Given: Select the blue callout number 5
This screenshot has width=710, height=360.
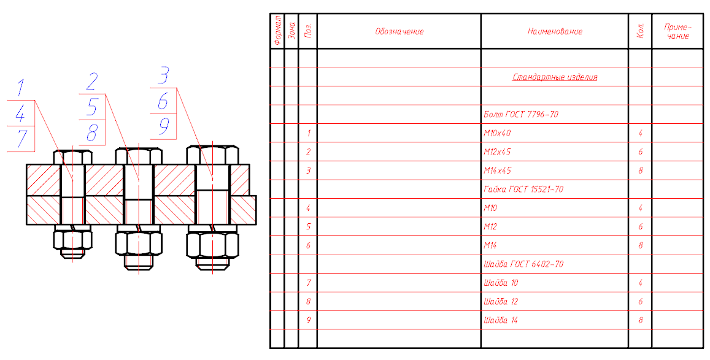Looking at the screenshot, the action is [93, 107].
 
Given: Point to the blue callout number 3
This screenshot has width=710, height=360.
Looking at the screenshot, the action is [163, 75].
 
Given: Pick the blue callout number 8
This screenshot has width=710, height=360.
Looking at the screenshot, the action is [93, 133].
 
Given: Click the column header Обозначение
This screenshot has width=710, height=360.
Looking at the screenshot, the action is [399, 31].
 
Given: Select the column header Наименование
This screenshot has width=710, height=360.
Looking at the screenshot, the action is [555, 31].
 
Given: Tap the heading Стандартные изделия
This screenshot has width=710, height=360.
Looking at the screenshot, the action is [555, 77].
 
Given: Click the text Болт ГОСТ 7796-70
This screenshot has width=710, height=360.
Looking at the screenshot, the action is [521, 115].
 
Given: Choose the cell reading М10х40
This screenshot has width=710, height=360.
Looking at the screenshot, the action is [497, 133].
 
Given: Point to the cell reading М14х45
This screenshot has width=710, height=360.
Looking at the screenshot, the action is [497, 170].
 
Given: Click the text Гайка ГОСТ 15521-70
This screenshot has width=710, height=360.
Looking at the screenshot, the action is [523, 189].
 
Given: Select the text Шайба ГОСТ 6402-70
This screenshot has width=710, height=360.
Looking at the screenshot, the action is [523, 264].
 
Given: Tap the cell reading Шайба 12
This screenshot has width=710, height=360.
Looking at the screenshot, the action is [501, 302].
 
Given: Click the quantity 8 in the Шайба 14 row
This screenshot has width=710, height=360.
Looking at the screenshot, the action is [640, 320].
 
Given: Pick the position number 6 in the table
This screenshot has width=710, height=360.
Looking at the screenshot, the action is [308, 245].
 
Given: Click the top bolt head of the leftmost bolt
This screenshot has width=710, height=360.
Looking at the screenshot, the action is [73, 157].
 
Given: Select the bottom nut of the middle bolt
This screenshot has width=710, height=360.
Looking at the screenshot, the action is [139, 243].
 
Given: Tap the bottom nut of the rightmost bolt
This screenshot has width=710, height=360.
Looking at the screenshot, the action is [213, 245].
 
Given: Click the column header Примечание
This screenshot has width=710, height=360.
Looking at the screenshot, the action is [677, 31].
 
